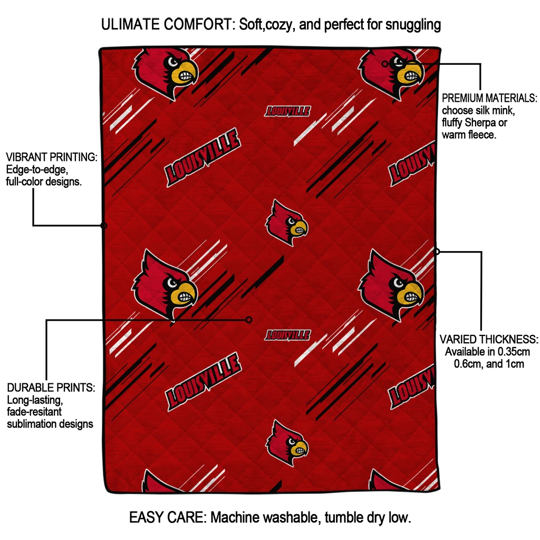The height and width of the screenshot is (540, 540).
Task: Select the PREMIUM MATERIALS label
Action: pyautogui.click(x=489, y=98)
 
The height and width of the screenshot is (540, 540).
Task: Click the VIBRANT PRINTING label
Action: pyautogui.click(x=52, y=157)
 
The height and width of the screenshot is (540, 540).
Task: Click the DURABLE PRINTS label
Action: pyautogui.click(x=51, y=388)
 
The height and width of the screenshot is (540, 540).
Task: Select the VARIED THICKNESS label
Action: pyautogui.click(x=489, y=339)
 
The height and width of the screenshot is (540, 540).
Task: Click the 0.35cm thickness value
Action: pyautogui.click(x=514, y=352)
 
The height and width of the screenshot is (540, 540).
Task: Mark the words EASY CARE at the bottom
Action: pyautogui.click(x=167, y=517)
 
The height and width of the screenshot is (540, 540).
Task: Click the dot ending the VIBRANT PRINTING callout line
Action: pyautogui.click(x=104, y=226)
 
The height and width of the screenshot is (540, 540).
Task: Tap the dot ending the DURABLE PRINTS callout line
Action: pyautogui.click(x=249, y=320)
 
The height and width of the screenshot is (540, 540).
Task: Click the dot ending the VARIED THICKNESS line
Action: pyautogui.click(x=437, y=252)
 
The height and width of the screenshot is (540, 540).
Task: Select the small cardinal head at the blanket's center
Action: pyautogui.click(x=286, y=222)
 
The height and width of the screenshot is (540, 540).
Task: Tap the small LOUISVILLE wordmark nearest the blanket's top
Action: pyautogui.click(x=287, y=111)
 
